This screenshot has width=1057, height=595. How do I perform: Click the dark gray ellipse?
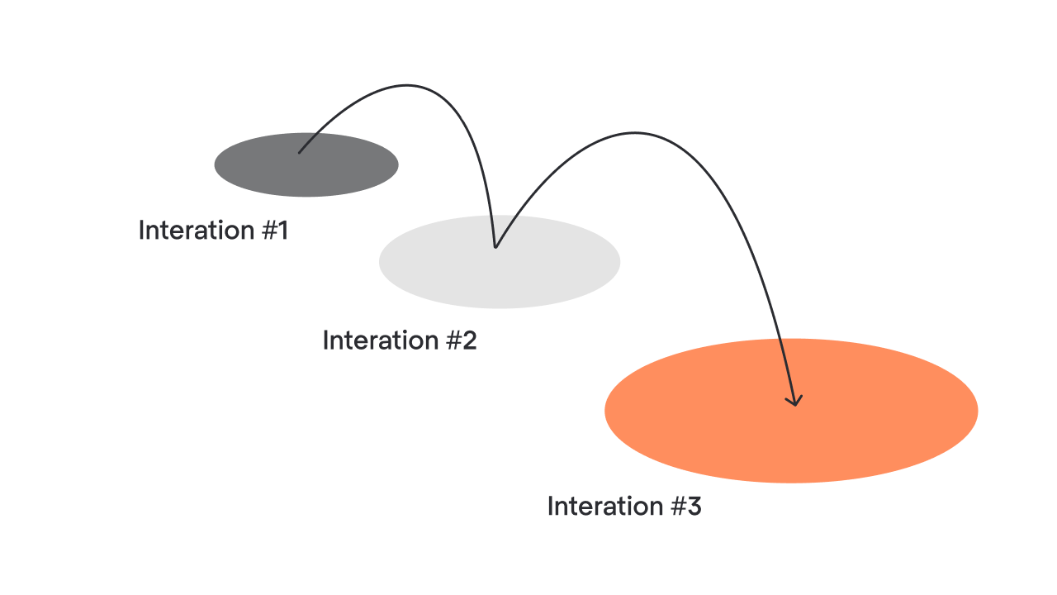pos(306,164)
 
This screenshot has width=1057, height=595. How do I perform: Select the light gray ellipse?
pos(500,262)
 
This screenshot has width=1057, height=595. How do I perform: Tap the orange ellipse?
pos(791,411)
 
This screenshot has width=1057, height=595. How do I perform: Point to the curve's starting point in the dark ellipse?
pos(299,153)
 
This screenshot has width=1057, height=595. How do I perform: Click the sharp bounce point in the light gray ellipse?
pos(495,247)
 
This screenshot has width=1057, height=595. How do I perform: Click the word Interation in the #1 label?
pos(197,231)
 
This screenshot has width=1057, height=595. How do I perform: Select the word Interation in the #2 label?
pos(381,340)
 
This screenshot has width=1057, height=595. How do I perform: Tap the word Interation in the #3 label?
pos(605,507)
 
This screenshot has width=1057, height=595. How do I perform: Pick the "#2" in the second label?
pos(462,340)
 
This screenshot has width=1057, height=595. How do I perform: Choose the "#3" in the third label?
pos(686,507)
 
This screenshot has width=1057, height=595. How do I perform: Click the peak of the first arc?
pos(407,85)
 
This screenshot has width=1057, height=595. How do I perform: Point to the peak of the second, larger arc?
pos(635,133)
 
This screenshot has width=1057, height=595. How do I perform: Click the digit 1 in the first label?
pos(282,231)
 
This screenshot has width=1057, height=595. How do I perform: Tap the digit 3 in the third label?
pos(694,507)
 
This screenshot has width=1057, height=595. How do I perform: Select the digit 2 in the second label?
pos(470,340)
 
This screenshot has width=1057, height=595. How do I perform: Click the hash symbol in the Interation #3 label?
pos(679,507)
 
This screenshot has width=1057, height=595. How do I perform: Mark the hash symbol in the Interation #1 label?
pos(269,231)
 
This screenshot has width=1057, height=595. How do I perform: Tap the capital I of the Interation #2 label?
pos(325,340)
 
